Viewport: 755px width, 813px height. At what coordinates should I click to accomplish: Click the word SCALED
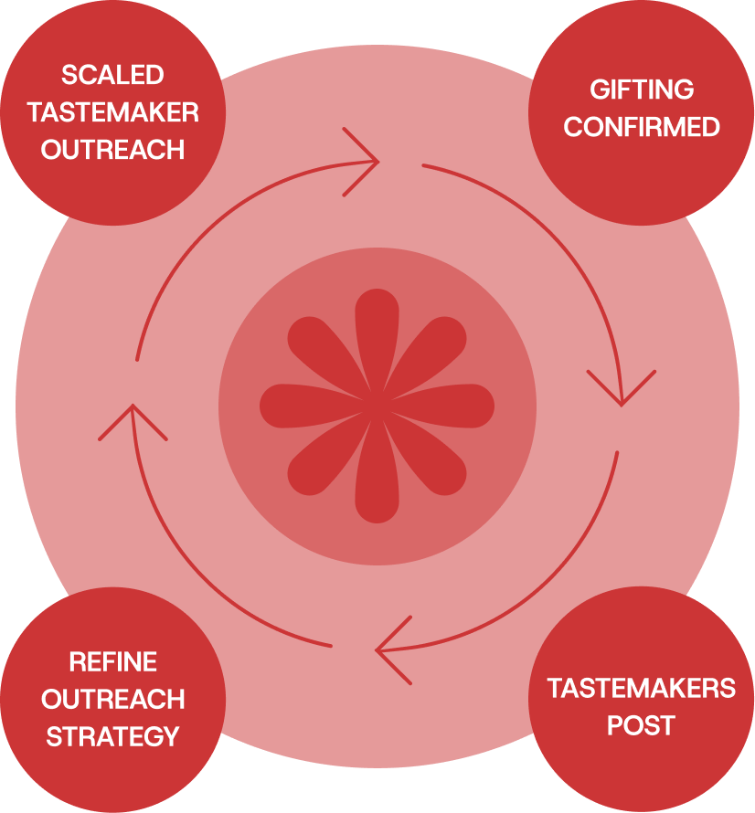pos(112,75)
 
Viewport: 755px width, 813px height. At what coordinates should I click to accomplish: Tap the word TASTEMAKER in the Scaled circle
pos(112,112)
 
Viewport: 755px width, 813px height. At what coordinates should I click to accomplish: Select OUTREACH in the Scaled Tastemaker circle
pos(112,150)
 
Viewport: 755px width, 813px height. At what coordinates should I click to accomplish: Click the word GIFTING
pos(642,90)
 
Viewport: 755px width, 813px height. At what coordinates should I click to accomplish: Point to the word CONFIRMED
pos(642,127)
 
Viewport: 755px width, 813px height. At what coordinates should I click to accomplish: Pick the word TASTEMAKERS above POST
pos(641,688)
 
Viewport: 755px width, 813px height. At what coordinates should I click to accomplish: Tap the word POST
pos(641,726)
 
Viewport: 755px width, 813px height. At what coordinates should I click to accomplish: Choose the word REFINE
pos(112,661)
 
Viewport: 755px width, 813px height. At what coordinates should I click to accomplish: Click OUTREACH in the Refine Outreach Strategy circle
pos(112,699)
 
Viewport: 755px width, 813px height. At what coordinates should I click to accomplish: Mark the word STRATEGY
pos(112,736)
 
